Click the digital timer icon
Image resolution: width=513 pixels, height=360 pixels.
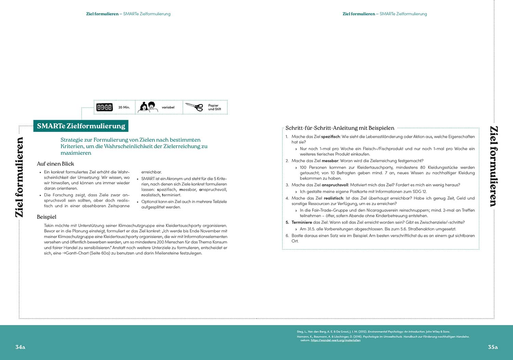tap(104, 107)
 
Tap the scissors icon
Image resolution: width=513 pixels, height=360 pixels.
tap(194, 107)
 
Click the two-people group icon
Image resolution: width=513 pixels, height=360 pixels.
tap(148, 107)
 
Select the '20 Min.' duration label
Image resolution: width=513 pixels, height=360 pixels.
tap(124, 107)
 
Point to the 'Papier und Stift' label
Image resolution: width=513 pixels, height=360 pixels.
tap(214, 107)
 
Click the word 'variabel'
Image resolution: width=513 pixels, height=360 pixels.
tap(168, 107)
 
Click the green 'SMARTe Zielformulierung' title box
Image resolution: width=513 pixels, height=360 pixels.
tap(81, 126)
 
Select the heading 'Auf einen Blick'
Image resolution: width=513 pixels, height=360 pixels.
tap(55, 164)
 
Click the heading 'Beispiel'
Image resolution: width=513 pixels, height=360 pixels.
tap(47, 217)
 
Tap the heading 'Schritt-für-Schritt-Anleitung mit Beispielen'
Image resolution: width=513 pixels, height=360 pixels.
tap(340, 128)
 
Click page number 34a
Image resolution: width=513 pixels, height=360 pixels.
tap(20, 347)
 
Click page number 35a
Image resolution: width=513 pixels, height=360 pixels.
tap(492, 347)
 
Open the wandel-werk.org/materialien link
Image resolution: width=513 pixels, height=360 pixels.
tap(336, 340)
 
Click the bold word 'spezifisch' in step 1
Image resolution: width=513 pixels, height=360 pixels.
tap(330, 137)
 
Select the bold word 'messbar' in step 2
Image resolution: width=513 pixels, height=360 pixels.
tap(330, 161)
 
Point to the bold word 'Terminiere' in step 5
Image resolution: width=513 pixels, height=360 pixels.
tap(302, 222)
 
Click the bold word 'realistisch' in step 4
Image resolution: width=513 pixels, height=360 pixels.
tap(333, 198)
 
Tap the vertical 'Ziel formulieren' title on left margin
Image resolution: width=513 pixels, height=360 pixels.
tap(19, 177)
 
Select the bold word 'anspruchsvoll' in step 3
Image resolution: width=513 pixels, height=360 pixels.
tap(334, 185)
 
